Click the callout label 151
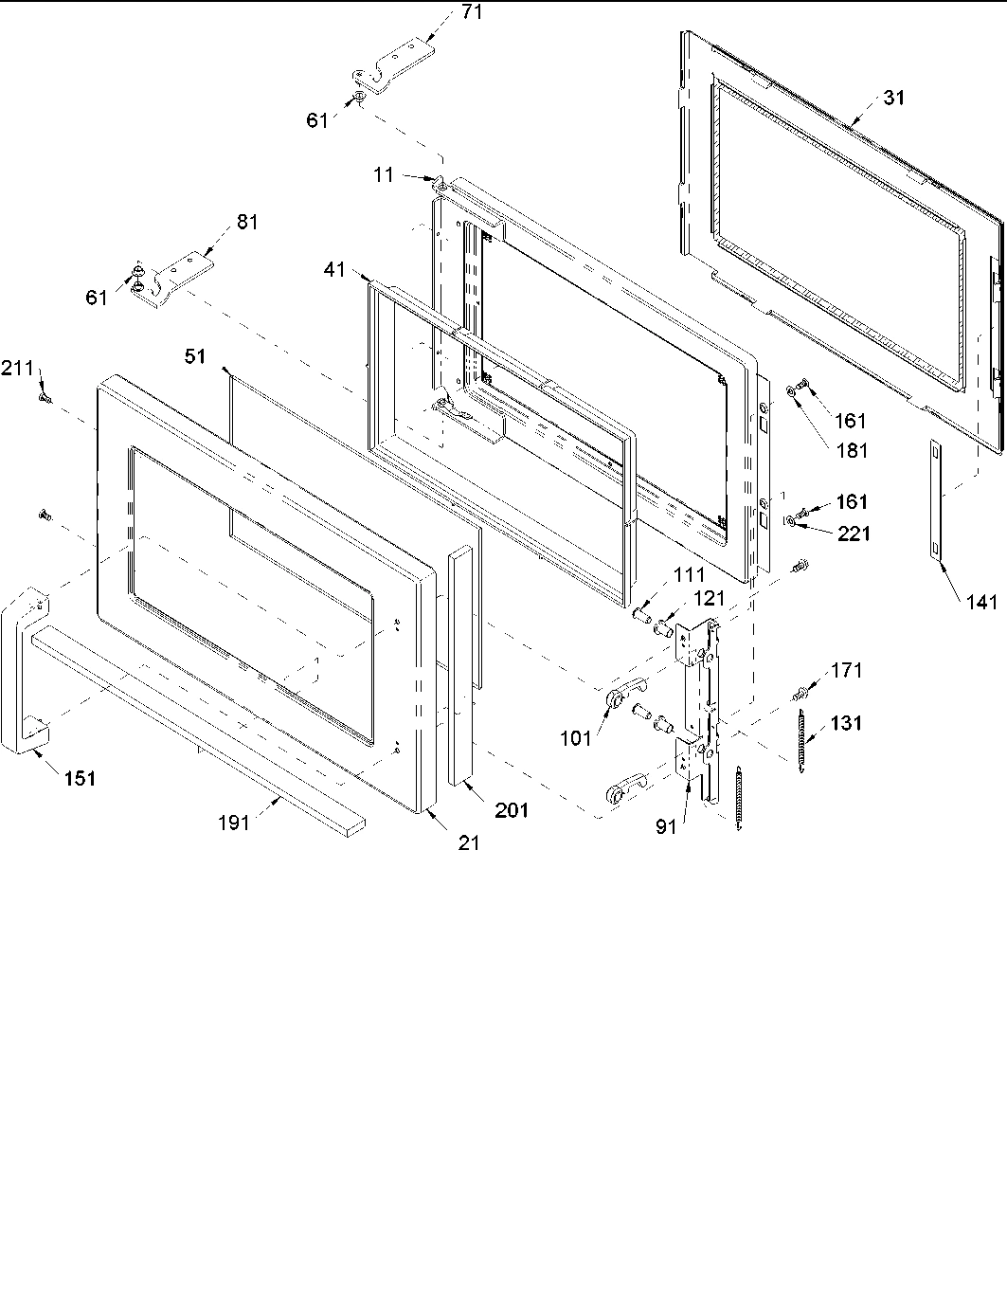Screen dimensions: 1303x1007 pos(80,778)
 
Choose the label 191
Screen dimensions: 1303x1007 pos(233,823)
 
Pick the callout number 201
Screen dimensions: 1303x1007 pos(511,809)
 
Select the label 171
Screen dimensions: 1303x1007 pos(846,670)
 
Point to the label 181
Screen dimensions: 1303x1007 pos(851,450)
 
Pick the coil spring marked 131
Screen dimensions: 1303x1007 pos(802,734)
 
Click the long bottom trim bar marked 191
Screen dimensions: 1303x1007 pos(189,720)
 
